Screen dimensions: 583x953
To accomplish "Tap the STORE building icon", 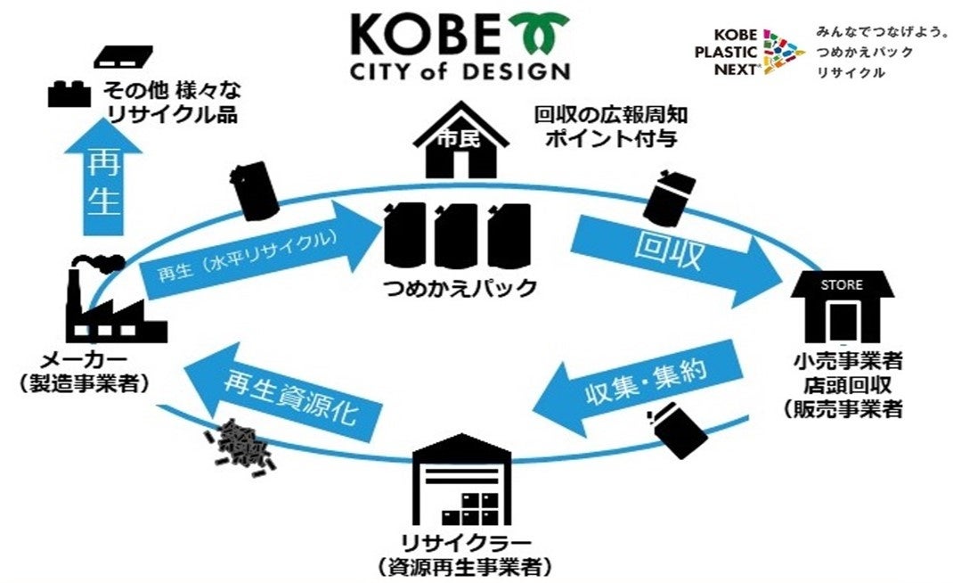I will (841, 308).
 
